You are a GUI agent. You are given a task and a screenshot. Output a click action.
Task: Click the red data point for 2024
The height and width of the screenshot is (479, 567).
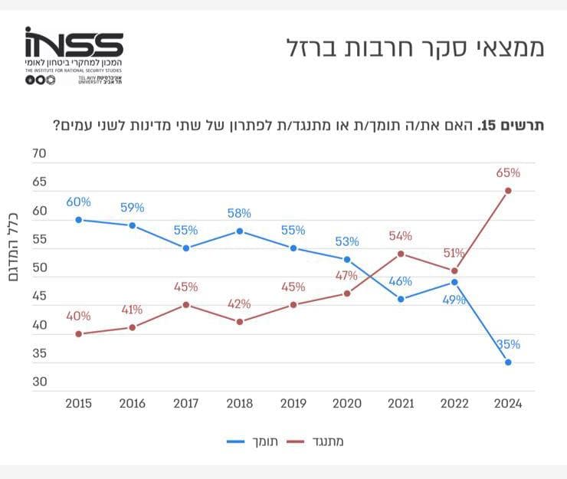(508, 191)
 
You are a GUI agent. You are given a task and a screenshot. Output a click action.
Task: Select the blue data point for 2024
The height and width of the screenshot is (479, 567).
(508, 362)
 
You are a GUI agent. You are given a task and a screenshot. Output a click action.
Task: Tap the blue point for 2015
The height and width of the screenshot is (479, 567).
(78, 219)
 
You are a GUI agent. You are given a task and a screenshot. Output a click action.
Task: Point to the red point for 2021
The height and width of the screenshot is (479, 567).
(400, 253)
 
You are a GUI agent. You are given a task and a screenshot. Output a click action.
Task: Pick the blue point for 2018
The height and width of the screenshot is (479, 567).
(239, 231)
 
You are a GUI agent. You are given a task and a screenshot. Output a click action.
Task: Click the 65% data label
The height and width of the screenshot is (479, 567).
(508, 173)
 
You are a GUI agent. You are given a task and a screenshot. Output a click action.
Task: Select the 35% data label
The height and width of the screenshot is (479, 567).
(508, 344)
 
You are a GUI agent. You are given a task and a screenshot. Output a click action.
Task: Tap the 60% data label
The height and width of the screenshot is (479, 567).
(78, 202)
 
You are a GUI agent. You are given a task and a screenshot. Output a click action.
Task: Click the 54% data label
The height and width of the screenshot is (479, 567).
(400, 235)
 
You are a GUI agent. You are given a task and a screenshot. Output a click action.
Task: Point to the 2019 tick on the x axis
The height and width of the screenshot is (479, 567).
(293, 404)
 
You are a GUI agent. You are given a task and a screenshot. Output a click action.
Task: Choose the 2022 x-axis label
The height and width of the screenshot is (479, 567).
(454, 404)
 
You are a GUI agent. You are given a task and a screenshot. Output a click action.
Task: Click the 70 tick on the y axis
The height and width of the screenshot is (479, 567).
(38, 154)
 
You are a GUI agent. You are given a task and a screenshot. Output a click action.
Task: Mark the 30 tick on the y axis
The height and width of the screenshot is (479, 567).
(38, 382)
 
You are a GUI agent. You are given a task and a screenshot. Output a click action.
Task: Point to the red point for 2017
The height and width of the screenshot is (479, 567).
(185, 304)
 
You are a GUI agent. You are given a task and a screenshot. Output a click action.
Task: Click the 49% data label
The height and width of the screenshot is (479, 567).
(454, 300)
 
